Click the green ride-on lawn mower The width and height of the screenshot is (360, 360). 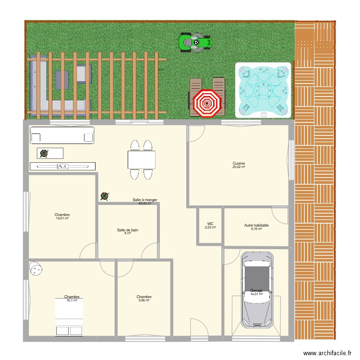[x=195, y=42]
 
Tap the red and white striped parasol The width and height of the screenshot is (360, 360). [x=207, y=103]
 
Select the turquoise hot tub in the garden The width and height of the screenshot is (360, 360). [x=263, y=90]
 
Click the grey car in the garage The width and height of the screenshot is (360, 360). [x=257, y=290]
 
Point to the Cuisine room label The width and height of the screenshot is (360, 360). [x=239, y=163]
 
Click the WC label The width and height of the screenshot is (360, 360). [x=210, y=224]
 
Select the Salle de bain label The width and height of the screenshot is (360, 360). [x=128, y=230]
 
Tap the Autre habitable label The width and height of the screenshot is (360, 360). [x=256, y=225]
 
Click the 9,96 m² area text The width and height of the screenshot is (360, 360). [x=144, y=300]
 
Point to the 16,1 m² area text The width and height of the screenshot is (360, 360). [x=72, y=300]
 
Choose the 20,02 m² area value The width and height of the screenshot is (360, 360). [x=239, y=167]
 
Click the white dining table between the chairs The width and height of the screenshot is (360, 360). [x=142, y=160]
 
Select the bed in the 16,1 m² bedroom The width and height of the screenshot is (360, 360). [x=69, y=317]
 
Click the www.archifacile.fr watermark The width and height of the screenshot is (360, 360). [x=327, y=353]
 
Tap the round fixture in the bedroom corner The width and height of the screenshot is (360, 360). [x=36, y=269]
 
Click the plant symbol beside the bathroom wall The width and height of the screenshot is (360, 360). [x=105, y=196]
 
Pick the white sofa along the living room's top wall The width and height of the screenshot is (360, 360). [x=62, y=135]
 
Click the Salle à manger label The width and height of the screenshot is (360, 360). [x=145, y=200]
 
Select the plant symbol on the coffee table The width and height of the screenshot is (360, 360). [x=44, y=154]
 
